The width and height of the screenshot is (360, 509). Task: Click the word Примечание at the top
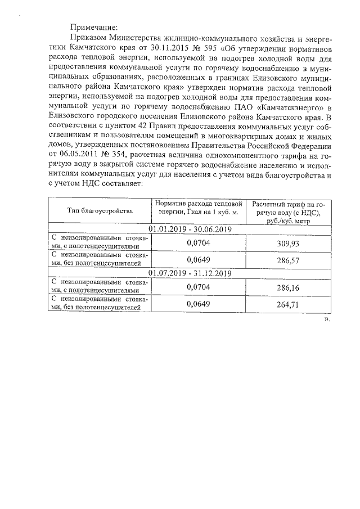click(94, 26)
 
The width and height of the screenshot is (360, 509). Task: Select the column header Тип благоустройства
click(100, 211)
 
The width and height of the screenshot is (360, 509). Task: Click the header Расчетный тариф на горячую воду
click(289, 211)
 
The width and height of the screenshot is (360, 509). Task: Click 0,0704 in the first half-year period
click(198, 241)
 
